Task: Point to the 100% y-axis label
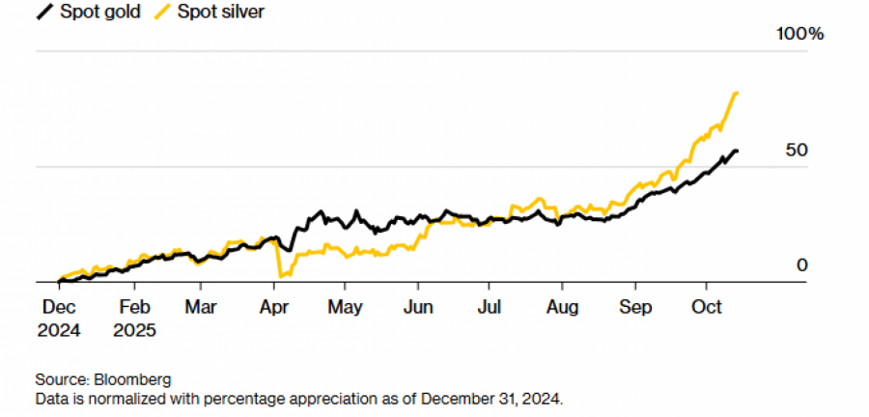pos(799,35)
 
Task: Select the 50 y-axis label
pos(798,152)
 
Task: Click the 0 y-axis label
pos(800,266)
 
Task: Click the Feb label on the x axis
pos(134,308)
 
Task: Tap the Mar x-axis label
pos(200,308)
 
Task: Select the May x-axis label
pos(345,308)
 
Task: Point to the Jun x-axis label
pos(417,308)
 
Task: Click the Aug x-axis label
pos(562,308)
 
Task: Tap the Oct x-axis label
pos(707,308)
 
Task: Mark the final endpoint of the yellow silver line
pos(738,93)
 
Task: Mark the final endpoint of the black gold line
pos(738,152)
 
